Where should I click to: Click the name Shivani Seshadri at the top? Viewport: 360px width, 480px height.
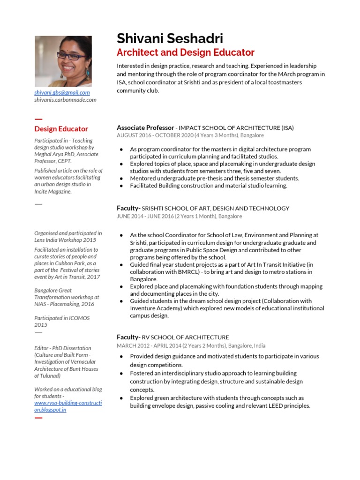[170, 38]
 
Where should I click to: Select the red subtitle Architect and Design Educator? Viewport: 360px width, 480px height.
[185, 52]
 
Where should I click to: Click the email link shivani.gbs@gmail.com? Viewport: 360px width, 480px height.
[62, 93]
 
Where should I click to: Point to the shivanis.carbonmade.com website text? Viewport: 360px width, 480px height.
[65, 100]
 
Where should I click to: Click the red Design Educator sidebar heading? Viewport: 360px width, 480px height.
[61, 129]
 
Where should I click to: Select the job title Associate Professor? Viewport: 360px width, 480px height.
[145, 127]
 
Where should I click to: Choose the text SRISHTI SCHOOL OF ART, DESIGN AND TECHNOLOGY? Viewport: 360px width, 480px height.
[216, 208]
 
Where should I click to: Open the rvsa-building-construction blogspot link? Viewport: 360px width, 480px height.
[68, 406]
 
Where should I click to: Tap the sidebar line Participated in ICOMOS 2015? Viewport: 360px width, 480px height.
[62, 321]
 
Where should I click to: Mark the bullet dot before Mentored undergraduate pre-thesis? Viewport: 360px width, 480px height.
[121, 179]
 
